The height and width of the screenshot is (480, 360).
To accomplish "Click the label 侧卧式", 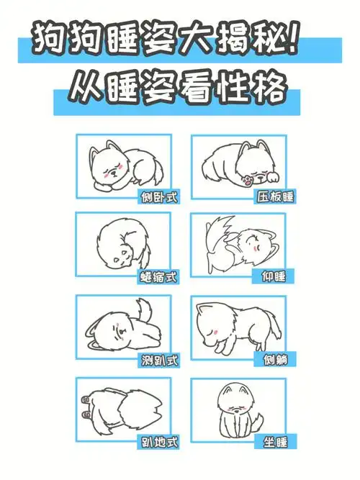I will pos(159,196).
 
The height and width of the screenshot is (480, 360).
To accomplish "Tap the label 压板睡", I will pos(274,196).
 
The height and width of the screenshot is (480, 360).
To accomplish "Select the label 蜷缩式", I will pos(159,276).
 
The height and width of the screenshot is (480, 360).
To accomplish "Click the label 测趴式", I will pos(159,359).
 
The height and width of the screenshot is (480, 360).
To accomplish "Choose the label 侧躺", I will pos(276,359).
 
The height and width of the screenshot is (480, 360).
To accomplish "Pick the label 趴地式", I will pos(159,442).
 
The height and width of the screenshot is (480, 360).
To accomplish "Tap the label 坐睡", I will pos(276,442).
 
